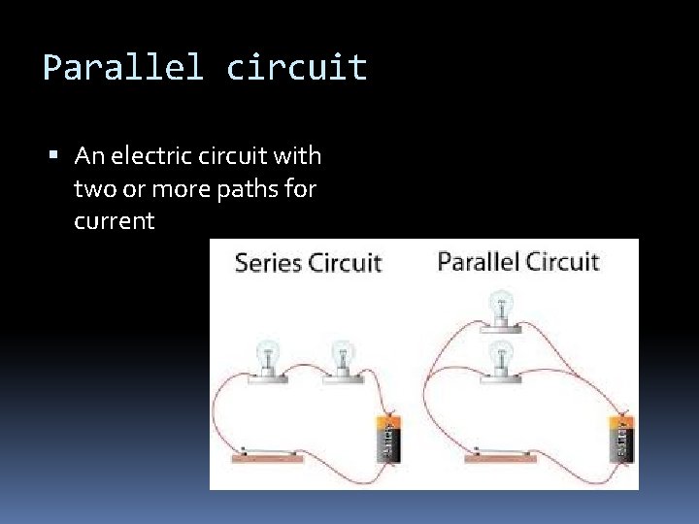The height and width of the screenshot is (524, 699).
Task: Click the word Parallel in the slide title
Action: coord(123,68)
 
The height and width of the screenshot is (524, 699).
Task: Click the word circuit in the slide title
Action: coord(297,68)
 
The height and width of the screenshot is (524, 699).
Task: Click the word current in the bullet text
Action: coord(114,221)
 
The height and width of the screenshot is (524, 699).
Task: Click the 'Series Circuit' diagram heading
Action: coord(309,263)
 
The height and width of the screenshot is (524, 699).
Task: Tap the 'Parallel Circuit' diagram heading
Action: coord(517,261)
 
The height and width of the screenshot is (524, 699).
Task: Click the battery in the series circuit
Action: coord(387,439)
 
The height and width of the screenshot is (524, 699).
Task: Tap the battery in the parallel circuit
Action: coord(620,439)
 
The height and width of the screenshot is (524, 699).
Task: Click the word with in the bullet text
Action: coord(300,155)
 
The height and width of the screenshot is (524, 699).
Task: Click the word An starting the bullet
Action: coord(87,155)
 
